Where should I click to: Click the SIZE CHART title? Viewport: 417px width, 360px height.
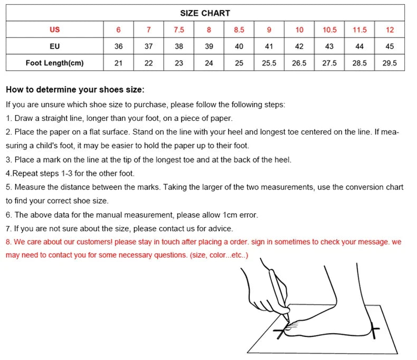[x=205, y=13]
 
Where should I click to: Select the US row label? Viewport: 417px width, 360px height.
[x=54, y=30]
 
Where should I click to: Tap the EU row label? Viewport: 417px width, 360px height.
[x=54, y=46]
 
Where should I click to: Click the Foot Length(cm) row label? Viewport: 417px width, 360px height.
[x=54, y=63]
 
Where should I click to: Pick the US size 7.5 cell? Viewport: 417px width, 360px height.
[x=179, y=30]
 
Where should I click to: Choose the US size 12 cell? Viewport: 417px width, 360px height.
[x=390, y=30]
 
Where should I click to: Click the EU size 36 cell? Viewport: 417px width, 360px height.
[x=118, y=46]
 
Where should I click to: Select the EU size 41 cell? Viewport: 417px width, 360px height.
[x=269, y=46]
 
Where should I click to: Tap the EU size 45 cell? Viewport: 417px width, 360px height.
[x=390, y=46]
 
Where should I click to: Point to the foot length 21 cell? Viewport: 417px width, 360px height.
[x=118, y=63]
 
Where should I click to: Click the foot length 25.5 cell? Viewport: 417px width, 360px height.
[x=269, y=63]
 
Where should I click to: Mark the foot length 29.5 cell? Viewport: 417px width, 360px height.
[x=390, y=63]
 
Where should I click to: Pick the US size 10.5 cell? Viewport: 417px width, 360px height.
[x=329, y=30]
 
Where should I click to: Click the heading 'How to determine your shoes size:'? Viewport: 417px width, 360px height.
[x=74, y=90]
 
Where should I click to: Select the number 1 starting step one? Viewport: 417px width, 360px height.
[x=8, y=118]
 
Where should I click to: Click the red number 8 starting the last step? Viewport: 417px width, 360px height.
[x=8, y=242]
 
